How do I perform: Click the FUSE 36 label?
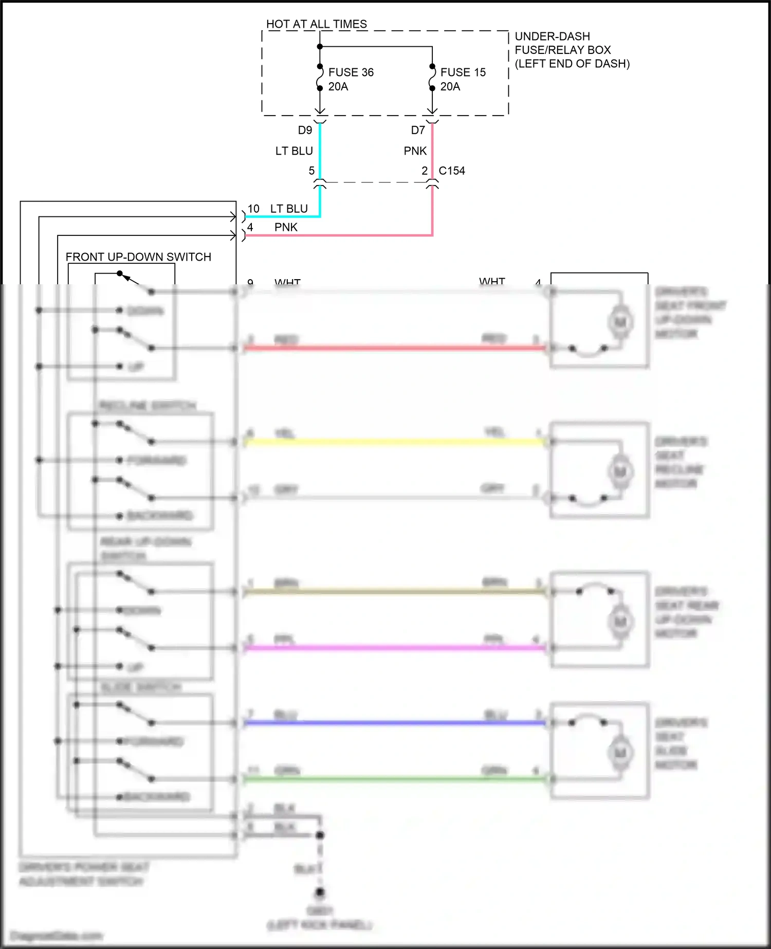(351, 72)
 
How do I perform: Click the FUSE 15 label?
(463, 72)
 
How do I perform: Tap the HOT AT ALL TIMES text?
(316, 24)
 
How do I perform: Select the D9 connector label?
(305, 131)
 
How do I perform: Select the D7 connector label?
(417, 131)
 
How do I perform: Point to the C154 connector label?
(451, 171)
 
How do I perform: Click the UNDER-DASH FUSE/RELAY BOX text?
(572, 50)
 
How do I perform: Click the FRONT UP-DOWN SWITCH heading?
(138, 257)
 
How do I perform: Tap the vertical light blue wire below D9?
(320, 152)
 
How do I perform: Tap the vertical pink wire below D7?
(432, 152)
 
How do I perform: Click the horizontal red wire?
(393, 348)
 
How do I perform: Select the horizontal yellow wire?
(393, 442)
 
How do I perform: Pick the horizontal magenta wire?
(393, 648)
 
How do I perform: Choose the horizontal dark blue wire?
(393, 723)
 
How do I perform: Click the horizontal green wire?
(393, 779)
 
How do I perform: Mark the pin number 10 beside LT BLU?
(253, 209)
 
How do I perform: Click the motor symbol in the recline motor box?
(620, 471)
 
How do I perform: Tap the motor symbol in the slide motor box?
(620, 753)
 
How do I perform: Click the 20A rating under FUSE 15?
(450, 87)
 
